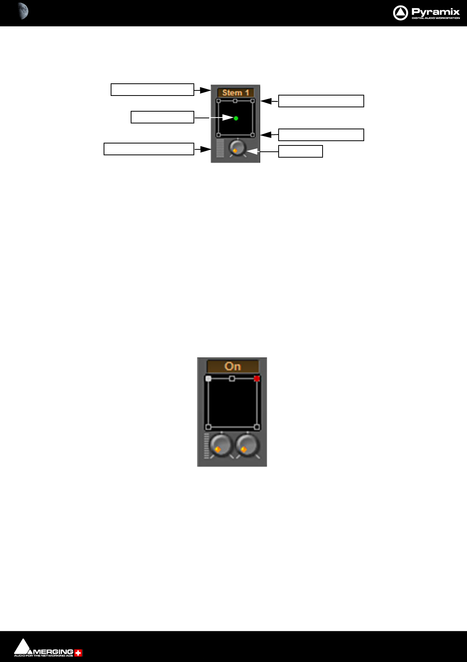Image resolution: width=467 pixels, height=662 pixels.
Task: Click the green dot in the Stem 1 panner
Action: (236, 118)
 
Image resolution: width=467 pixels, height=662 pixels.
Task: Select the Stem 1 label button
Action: (235, 93)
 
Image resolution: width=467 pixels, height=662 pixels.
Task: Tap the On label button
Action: (233, 366)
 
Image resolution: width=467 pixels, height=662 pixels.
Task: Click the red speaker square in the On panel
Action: (257, 379)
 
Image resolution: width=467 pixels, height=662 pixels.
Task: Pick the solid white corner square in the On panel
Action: (208, 379)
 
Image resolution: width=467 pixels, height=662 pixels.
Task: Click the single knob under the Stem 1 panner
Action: (237, 148)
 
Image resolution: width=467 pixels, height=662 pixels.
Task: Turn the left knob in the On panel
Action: (221, 445)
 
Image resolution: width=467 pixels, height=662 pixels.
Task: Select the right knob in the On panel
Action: (247, 445)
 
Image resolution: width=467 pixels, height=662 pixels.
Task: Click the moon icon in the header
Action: (23, 11)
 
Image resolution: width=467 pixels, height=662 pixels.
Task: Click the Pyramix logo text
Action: (435, 12)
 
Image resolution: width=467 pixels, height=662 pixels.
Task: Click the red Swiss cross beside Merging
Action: (78, 653)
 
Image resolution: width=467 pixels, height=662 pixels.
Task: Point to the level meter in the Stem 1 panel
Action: (220, 148)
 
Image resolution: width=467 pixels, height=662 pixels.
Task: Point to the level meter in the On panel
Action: (206, 446)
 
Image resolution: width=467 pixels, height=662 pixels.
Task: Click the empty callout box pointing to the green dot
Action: (162, 117)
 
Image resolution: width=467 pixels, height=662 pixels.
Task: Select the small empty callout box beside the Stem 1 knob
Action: (300, 151)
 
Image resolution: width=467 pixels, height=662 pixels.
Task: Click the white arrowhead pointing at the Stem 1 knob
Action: (252, 151)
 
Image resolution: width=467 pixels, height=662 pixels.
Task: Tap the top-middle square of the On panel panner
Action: (232, 379)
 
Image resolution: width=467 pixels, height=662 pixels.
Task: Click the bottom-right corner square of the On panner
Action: (257, 427)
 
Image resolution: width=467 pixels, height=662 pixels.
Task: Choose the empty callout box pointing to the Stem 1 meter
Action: (149, 149)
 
